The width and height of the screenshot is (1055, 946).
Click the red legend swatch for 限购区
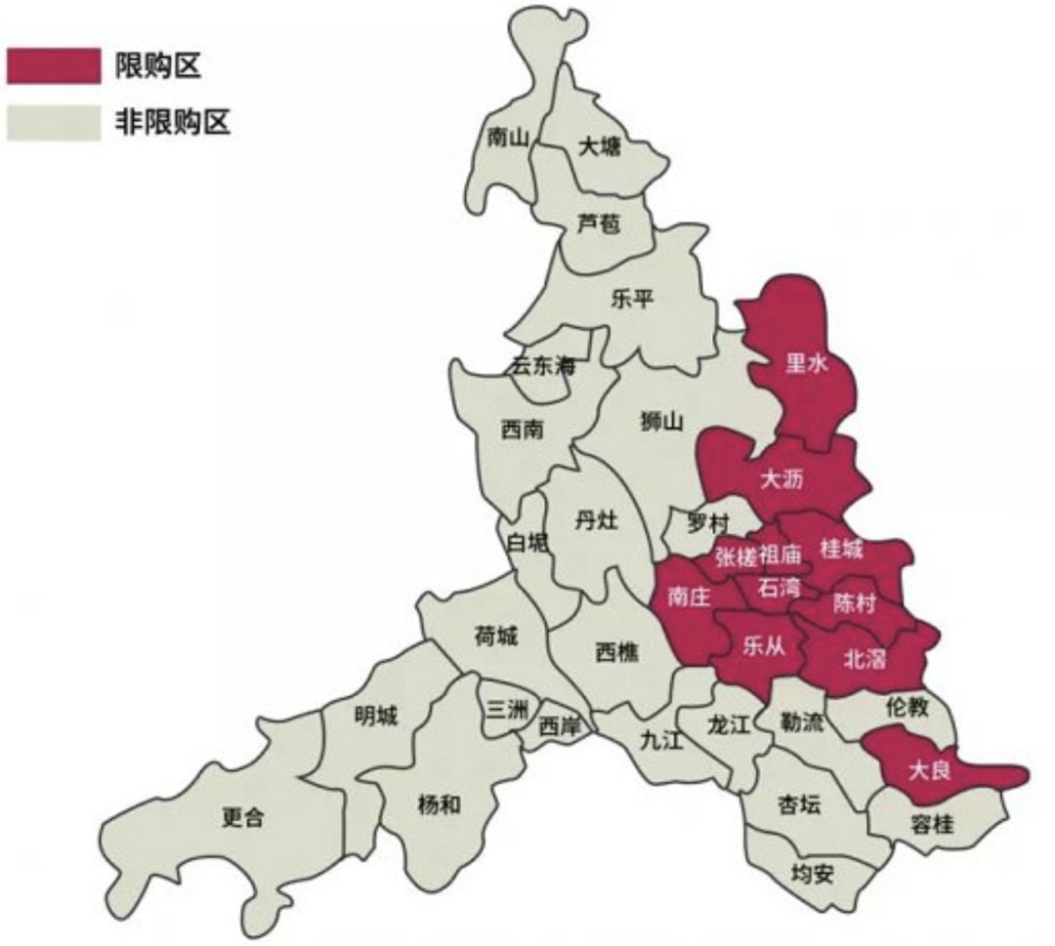point(53,65)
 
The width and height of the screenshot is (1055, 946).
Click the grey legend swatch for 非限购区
point(53,124)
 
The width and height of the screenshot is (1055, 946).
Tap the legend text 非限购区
point(173,124)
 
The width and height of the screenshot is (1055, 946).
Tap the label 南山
point(507,138)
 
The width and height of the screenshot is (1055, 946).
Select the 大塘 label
point(599,147)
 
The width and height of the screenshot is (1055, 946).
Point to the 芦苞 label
point(598,225)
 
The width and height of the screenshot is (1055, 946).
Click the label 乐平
point(631,300)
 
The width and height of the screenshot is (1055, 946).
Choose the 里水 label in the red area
point(807,364)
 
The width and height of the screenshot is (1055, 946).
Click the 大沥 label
point(782,479)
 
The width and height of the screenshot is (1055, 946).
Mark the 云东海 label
point(544,368)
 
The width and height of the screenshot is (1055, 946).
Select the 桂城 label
point(841,551)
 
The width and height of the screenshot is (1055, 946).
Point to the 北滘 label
point(865,660)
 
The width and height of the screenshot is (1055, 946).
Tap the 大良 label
point(928,771)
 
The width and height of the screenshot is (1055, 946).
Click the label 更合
point(242,818)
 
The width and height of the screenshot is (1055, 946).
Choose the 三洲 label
point(508,711)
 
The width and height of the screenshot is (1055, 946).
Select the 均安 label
point(812,873)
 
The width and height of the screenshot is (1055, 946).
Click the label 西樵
point(616,651)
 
